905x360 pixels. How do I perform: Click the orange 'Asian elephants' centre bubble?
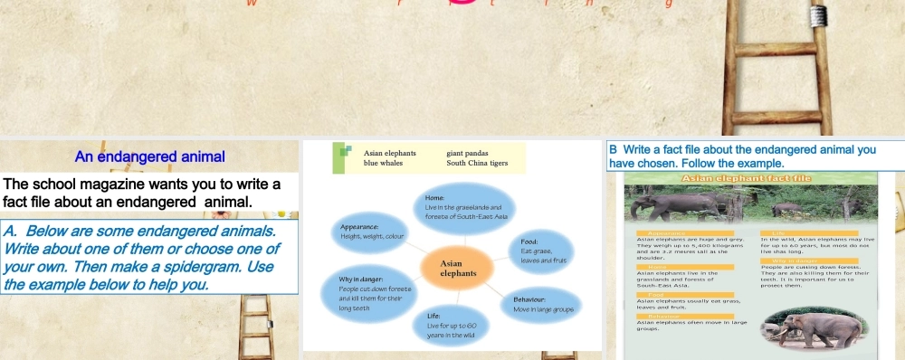[x=458, y=268]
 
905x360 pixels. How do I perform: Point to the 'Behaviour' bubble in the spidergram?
[x=538, y=304]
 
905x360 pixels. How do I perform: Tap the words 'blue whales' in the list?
[x=385, y=164]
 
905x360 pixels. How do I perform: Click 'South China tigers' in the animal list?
[x=477, y=164]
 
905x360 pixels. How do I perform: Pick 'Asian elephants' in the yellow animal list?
[x=389, y=153]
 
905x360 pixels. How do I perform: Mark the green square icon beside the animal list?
[x=342, y=154]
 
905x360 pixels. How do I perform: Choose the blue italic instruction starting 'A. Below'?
[x=145, y=259]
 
